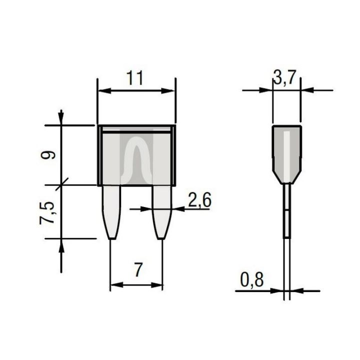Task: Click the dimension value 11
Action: [x=135, y=78]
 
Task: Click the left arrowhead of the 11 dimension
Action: [x=101, y=91]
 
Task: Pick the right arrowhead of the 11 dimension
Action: [x=170, y=91]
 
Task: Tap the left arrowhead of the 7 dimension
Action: [x=114, y=285]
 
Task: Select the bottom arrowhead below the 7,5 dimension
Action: [x=61, y=246]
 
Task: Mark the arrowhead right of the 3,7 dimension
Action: [x=305, y=90]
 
